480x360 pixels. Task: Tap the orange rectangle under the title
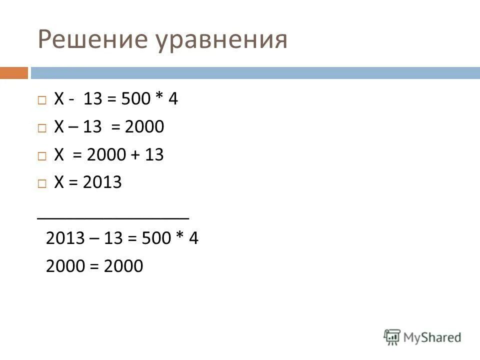click(x=13, y=73)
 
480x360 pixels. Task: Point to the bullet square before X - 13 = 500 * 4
click(x=42, y=100)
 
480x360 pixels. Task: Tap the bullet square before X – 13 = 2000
click(x=42, y=128)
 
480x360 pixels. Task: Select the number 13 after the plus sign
click(x=154, y=155)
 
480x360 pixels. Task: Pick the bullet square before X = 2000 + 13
click(x=42, y=156)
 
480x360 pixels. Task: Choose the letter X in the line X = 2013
click(x=59, y=182)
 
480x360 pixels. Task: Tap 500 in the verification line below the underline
click(x=152, y=238)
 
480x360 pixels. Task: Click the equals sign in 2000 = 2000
click(x=93, y=266)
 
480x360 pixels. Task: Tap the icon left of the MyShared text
click(x=392, y=337)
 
